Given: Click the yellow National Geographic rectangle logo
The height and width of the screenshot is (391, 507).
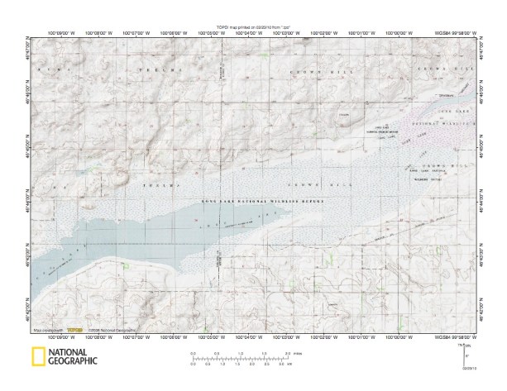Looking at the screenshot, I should point(38,357).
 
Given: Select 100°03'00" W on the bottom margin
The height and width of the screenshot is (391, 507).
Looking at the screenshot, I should point(296,338).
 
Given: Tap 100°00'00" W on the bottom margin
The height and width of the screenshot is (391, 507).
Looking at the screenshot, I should point(413,338).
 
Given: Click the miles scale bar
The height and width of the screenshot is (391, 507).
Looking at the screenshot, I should point(240,356).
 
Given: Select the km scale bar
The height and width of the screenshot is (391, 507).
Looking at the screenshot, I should point(240,364).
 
